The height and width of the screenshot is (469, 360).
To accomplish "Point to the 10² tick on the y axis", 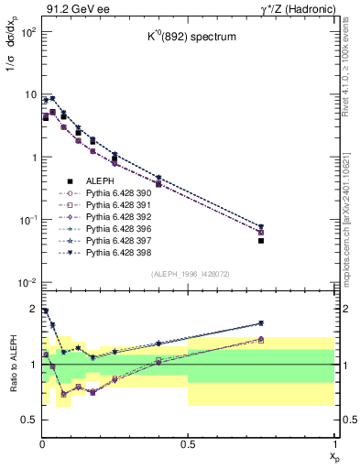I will coord(27,31).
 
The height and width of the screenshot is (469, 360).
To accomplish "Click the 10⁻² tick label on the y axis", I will coord(27,283).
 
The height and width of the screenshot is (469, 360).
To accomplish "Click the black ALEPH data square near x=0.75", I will coord(261,241).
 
